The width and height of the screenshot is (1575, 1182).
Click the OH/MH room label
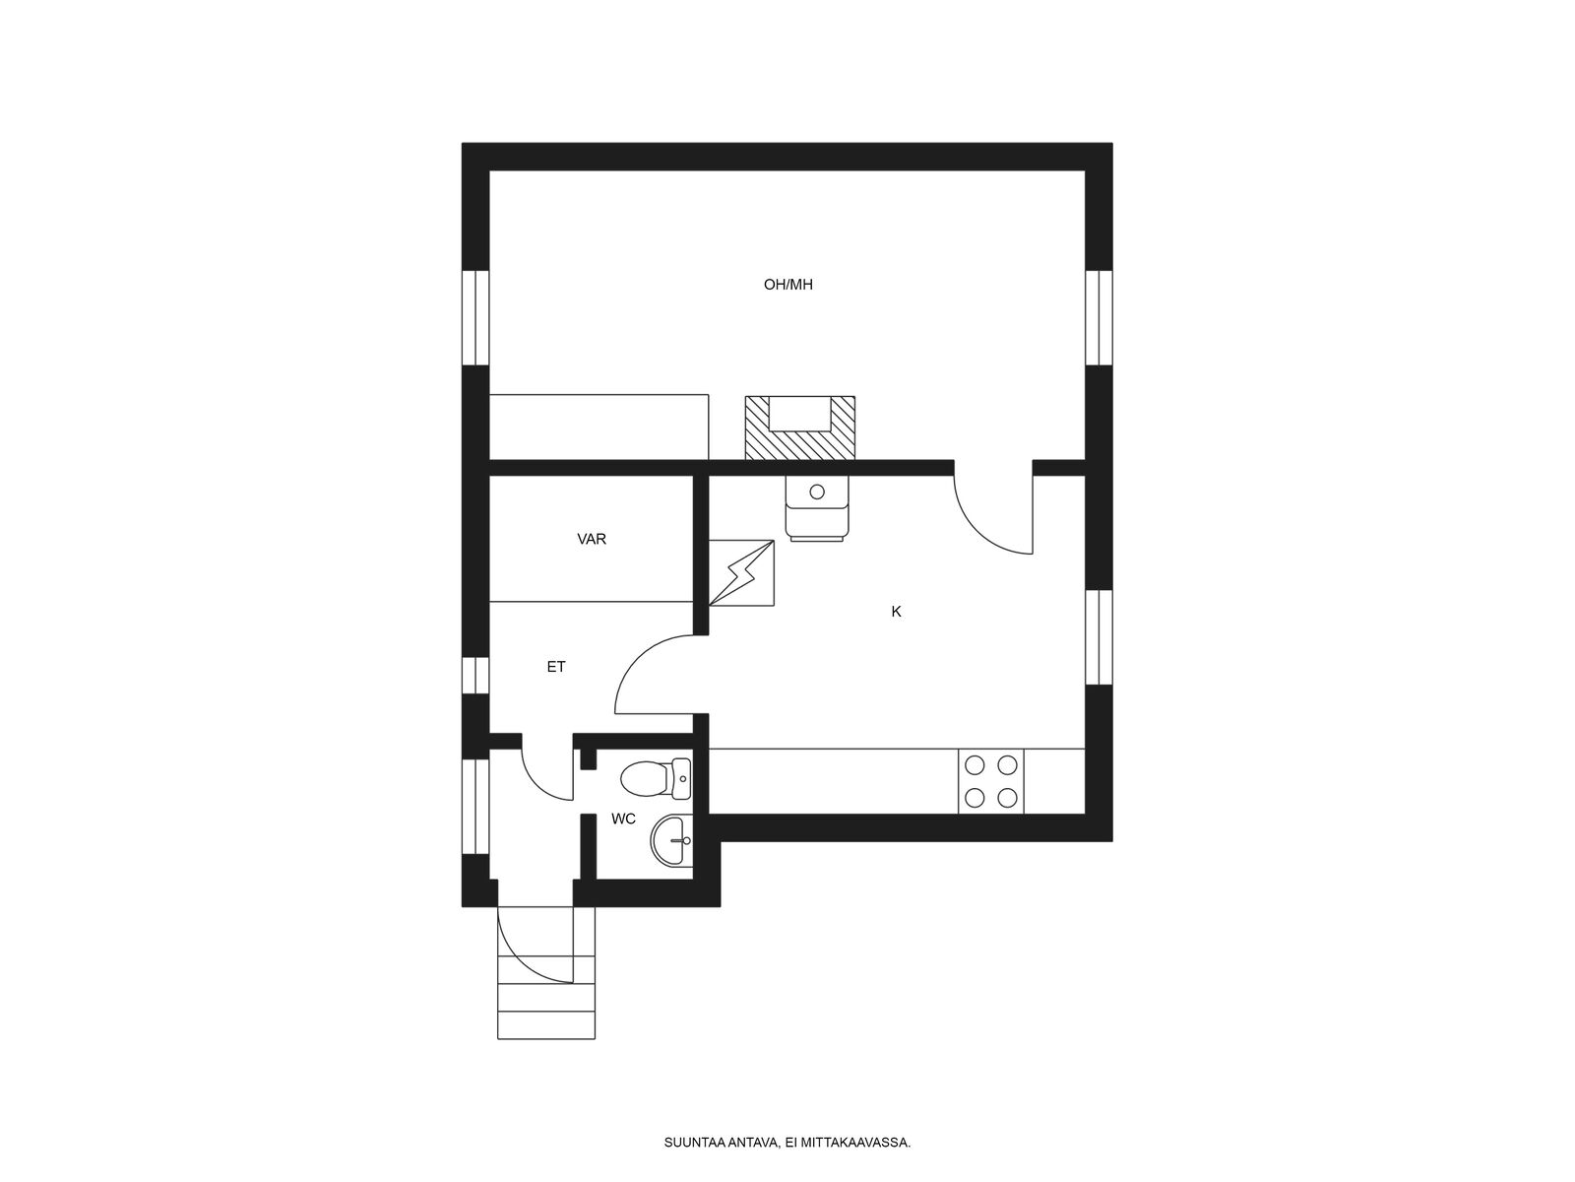click(x=787, y=285)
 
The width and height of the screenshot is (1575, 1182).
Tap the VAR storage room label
click(x=592, y=539)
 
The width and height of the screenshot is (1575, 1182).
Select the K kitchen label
click(x=896, y=612)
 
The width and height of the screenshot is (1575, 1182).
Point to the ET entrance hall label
click(x=556, y=667)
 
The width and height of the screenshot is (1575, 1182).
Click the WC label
click(x=623, y=819)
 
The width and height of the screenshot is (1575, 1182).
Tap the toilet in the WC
click(x=656, y=779)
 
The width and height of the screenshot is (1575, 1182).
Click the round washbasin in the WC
click(x=671, y=841)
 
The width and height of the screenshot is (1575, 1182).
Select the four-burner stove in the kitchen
click(x=990, y=781)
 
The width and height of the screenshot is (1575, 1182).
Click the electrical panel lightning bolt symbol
click(x=741, y=573)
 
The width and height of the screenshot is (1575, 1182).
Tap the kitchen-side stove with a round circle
click(x=817, y=507)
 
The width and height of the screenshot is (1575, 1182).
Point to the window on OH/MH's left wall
click(x=475, y=318)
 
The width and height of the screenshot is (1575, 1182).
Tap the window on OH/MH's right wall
click(x=1099, y=318)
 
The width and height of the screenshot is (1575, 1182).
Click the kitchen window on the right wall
click(x=1099, y=637)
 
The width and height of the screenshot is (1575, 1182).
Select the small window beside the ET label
click(x=475, y=676)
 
